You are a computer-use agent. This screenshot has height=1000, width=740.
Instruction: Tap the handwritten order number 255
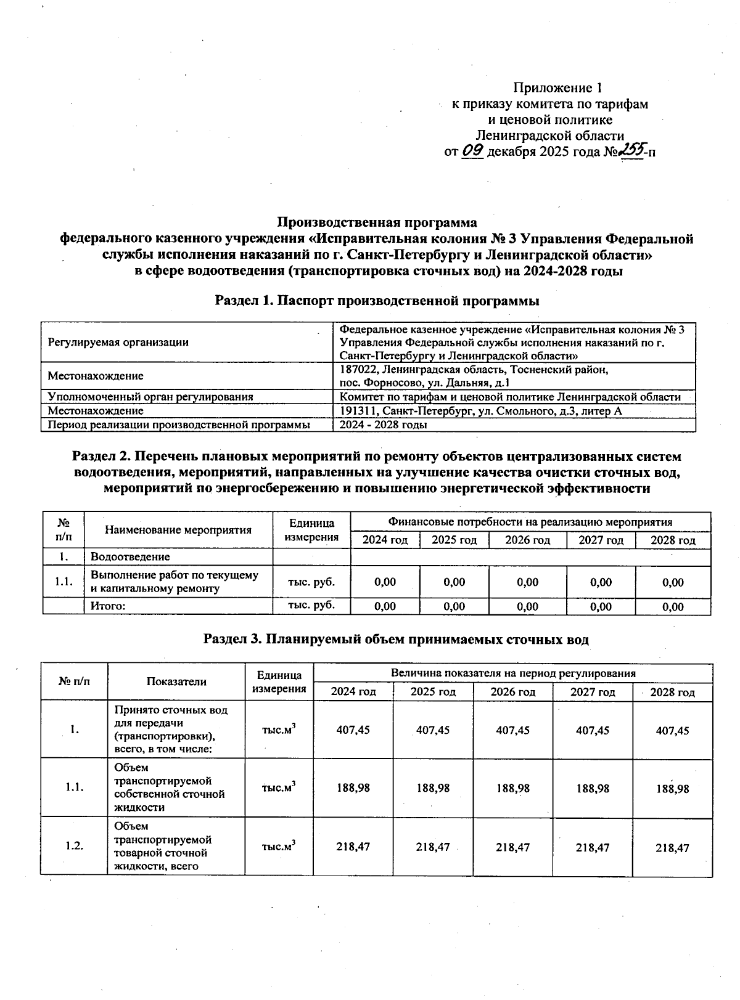632,150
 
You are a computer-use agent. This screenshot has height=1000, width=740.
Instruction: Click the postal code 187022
360,370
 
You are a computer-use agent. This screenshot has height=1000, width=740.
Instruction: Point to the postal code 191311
359,411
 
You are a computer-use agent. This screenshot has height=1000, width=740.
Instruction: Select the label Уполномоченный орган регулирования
150,397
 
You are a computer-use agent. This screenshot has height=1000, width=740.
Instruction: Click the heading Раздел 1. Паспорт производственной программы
377,301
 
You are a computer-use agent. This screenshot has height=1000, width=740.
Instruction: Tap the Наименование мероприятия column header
178,530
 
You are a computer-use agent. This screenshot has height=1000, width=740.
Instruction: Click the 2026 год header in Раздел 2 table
527,540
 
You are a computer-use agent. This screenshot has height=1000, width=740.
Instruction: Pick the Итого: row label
108,606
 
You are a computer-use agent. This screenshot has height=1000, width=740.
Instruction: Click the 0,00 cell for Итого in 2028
673,606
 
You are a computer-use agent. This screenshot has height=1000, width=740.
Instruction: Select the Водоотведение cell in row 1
130,557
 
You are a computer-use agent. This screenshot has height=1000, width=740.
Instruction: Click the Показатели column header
176,681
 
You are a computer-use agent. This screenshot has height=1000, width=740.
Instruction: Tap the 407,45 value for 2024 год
353,730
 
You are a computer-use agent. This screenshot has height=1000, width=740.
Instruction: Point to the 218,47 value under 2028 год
672,848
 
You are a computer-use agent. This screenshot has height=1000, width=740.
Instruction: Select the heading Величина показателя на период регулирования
513,673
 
